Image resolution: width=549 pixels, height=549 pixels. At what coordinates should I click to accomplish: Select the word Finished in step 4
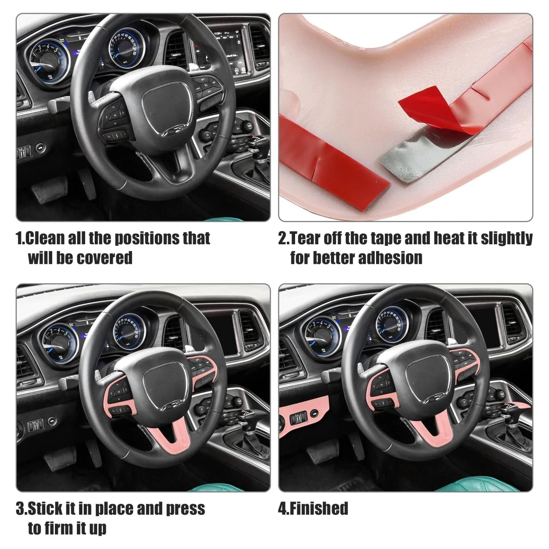tap(319, 508)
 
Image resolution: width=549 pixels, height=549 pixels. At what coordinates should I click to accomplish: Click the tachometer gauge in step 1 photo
tap(48, 60)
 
